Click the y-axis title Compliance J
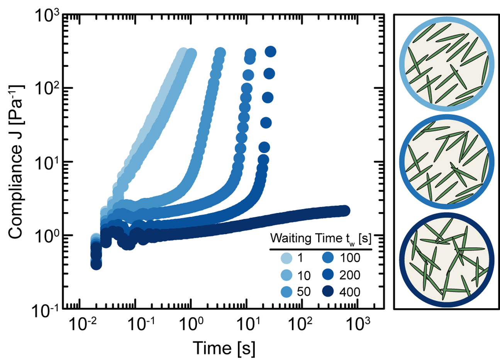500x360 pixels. (x=15, y=162)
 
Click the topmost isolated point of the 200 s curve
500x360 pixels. (x=270, y=51)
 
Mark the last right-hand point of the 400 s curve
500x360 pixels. (x=344, y=211)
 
